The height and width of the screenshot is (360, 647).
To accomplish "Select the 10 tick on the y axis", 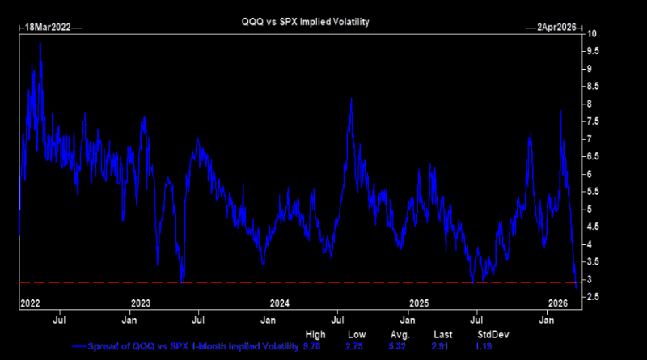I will pyautogui.click(x=593, y=34).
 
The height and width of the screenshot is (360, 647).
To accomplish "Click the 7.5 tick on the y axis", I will pyautogui.click(x=593, y=121).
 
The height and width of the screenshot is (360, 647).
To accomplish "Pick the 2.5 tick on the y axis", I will pyautogui.click(x=593, y=297).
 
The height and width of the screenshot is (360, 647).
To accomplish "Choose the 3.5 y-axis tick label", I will pyautogui.click(x=593, y=262).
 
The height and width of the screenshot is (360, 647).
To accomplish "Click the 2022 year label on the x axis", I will pyautogui.click(x=29, y=303).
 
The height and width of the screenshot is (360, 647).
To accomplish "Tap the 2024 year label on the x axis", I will pyautogui.click(x=280, y=303).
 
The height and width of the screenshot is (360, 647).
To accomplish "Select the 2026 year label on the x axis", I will pyautogui.click(x=558, y=303).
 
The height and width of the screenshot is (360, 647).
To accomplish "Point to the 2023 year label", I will pyautogui.click(x=141, y=303).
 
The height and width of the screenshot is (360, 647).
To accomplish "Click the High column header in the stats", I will pyautogui.click(x=315, y=334).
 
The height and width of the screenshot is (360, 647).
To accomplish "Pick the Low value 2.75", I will pyautogui.click(x=356, y=346).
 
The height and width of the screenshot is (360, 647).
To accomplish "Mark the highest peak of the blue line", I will pyautogui.click(x=40, y=43).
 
